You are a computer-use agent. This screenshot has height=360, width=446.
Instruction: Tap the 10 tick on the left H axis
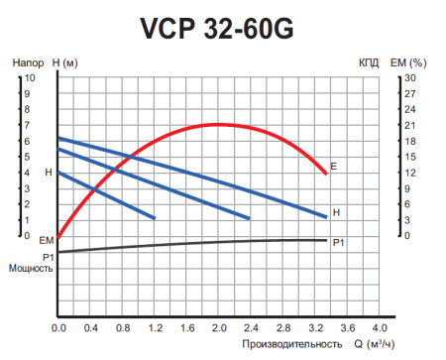pos(30,77)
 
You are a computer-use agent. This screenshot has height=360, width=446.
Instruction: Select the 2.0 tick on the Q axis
pos(218,327)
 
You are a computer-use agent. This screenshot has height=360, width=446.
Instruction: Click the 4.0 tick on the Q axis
pos(379,327)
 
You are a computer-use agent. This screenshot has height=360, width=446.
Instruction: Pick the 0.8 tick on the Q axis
pos(122,327)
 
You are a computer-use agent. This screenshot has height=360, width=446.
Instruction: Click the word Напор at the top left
pos(25,61)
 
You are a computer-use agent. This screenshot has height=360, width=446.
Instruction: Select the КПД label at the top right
pos(369,61)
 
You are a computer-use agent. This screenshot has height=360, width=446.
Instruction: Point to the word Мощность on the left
pos(29,268)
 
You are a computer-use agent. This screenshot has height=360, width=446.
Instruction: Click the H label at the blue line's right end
pos(337,212)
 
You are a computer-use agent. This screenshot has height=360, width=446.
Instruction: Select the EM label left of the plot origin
pos(46,241)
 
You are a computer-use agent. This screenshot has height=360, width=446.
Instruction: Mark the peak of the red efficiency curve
pos(218,124)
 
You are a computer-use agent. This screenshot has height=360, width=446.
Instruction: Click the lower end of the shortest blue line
pos(155,217)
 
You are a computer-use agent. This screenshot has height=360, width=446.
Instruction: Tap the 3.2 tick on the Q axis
pos(314,327)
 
